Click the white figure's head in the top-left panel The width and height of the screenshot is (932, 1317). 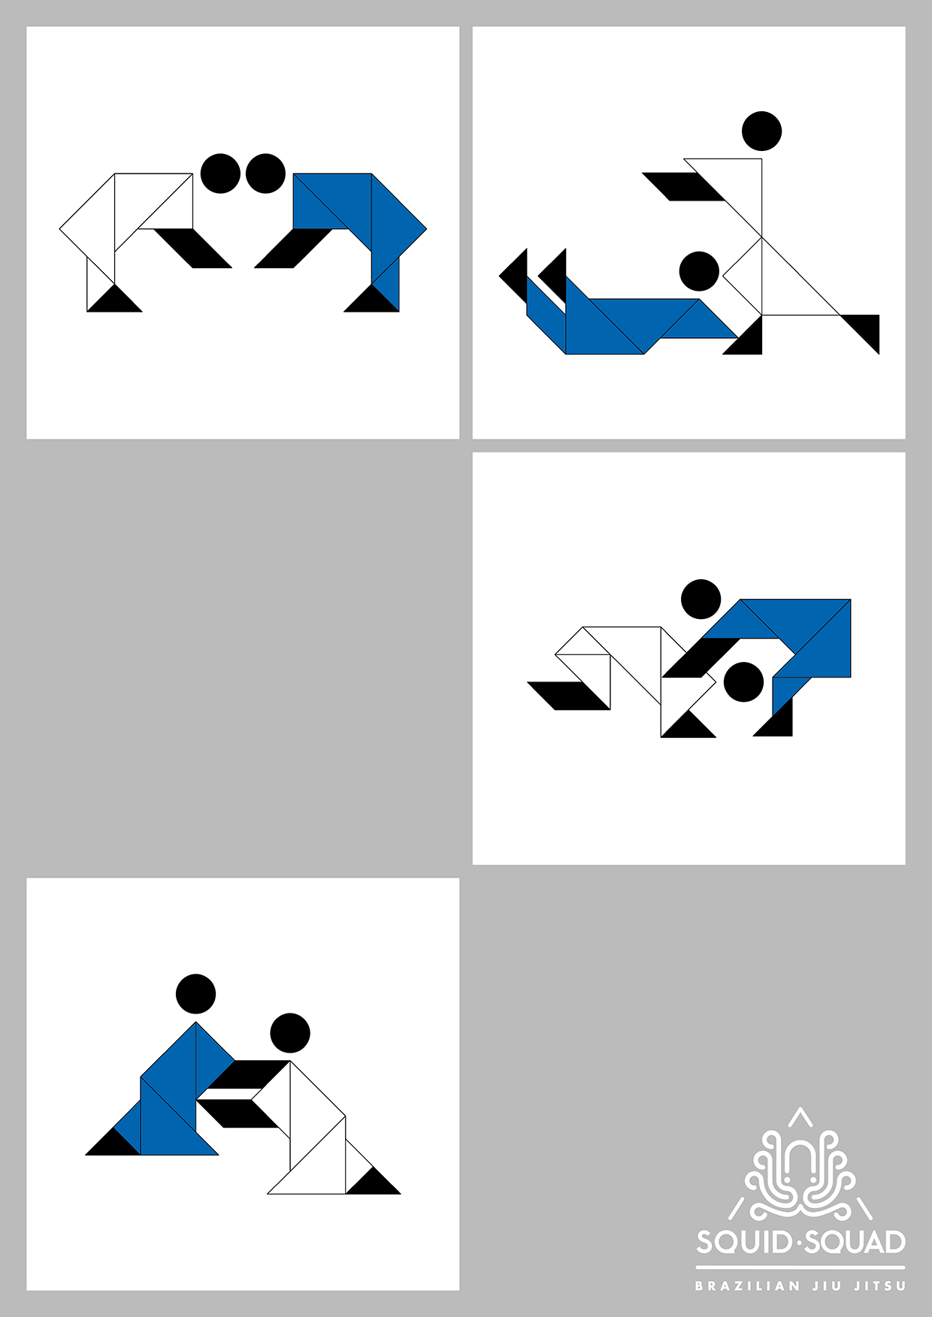pyautogui.click(x=220, y=174)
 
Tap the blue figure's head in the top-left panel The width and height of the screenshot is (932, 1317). pyautogui.click(x=265, y=174)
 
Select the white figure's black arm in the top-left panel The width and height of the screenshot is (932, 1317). pyautogui.click(x=192, y=248)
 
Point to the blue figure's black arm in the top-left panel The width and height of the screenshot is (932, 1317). pyautogui.click(x=294, y=248)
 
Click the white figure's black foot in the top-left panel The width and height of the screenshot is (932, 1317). pyautogui.click(x=114, y=298)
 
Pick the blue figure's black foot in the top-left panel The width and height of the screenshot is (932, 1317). pyautogui.click(x=371, y=298)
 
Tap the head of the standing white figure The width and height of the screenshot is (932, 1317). pyautogui.click(x=761, y=131)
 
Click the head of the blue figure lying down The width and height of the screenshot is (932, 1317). pyautogui.click(x=699, y=271)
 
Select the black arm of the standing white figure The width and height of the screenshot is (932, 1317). pyautogui.click(x=684, y=187)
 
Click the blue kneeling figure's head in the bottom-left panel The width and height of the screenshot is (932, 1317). pyautogui.click(x=195, y=994)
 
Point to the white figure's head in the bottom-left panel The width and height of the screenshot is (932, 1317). pyautogui.click(x=290, y=1033)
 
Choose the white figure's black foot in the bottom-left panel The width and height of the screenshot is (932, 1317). pyautogui.click(x=373, y=1180)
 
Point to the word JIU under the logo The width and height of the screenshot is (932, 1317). pyautogui.click(x=827, y=1286)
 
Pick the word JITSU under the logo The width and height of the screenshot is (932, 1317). pyautogui.click(x=880, y=1286)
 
